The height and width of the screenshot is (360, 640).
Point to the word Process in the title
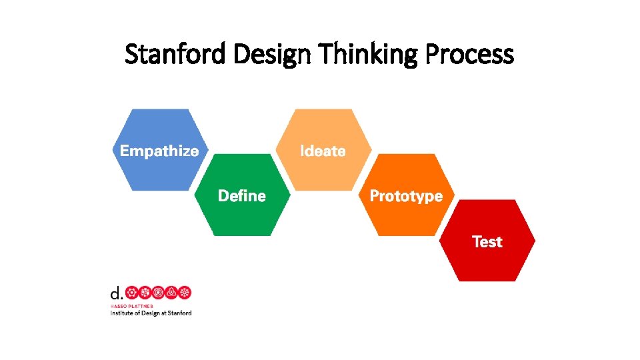(x=471, y=54)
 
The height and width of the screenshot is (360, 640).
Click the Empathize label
(x=159, y=151)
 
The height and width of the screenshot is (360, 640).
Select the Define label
(x=242, y=196)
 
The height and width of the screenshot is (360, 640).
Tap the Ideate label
(x=323, y=151)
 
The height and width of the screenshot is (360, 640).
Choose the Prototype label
(x=406, y=196)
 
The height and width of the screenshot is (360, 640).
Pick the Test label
(x=487, y=241)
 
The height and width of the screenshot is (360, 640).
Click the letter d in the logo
(x=115, y=293)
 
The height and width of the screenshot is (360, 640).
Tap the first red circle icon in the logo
(x=132, y=293)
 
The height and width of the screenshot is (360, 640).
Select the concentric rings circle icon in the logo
(x=158, y=293)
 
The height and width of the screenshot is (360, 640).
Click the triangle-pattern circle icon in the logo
(x=171, y=293)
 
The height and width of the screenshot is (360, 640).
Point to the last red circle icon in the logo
(x=185, y=293)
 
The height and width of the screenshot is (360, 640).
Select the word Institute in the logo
(x=122, y=313)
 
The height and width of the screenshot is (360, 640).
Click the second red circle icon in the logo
(x=145, y=293)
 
